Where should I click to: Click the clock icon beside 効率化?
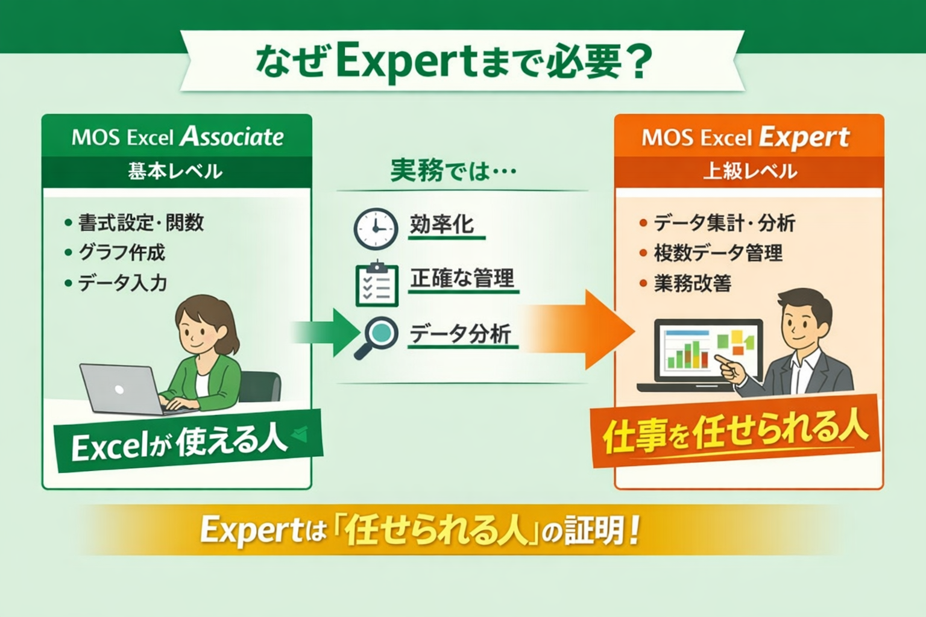(376, 228)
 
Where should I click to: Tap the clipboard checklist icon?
(377, 284)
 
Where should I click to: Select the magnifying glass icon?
(376, 337)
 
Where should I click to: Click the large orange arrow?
(579, 330)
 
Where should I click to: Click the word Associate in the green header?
(232, 137)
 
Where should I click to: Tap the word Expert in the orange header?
(804, 138)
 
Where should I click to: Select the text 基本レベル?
(175, 172)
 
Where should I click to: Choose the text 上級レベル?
(750, 171)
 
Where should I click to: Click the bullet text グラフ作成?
(122, 252)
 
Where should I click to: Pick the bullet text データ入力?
(122, 283)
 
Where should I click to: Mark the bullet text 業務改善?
(693, 283)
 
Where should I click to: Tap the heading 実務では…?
(453, 171)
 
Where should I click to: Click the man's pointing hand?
(730, 369)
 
